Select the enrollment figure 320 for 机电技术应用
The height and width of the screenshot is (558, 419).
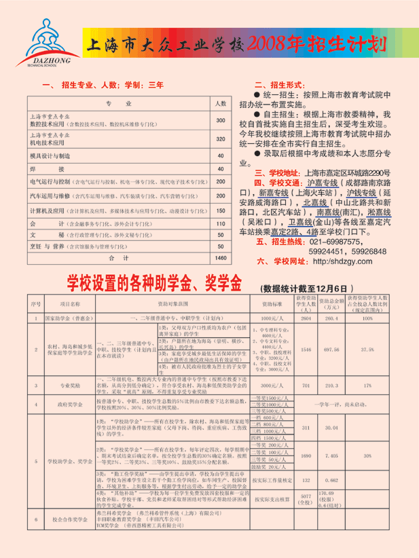pos(220,140)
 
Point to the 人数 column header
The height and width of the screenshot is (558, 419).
pos(220,104)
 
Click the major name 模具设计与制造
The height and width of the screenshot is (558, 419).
pos(50,156)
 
